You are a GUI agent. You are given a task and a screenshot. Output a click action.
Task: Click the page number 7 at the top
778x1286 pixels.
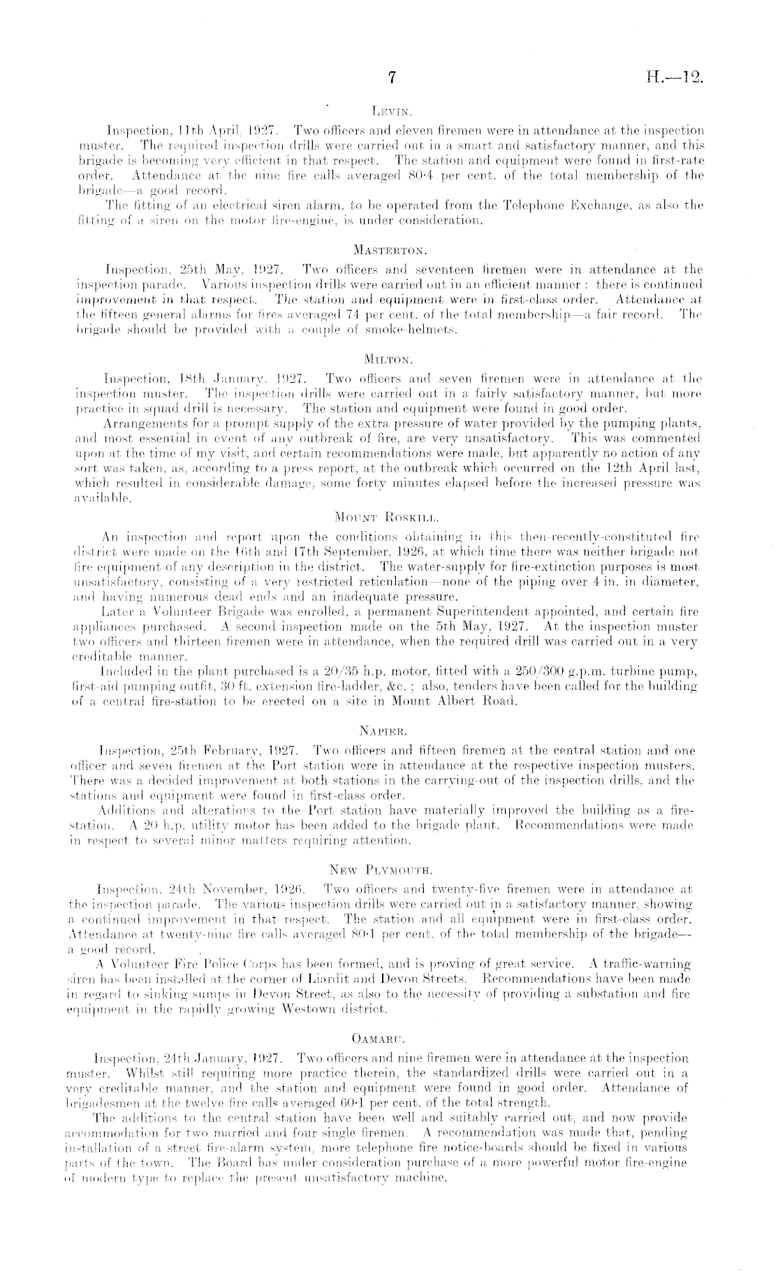coord(392,79)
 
